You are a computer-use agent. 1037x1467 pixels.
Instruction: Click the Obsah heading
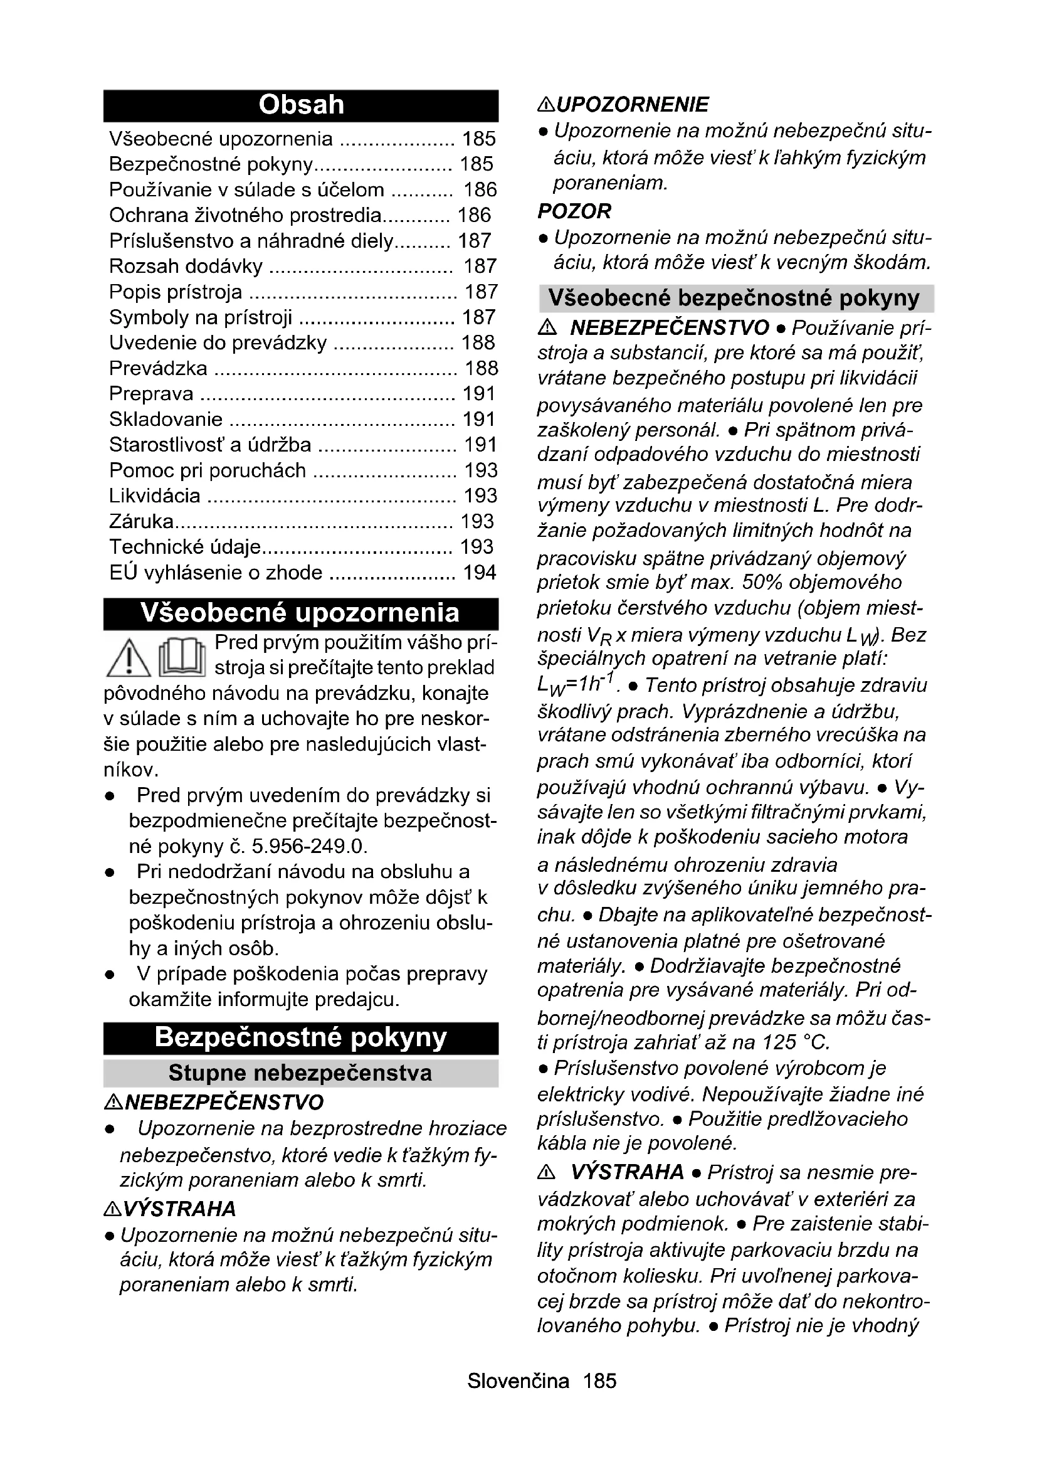tap(301, 105)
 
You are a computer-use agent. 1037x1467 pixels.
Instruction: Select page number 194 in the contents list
tap(480, 573)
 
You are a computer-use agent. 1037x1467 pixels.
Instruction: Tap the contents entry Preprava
tap(151, 394)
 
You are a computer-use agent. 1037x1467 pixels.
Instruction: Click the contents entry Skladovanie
tap(166, 419)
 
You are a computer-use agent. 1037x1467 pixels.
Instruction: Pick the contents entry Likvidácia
tap(154, 496)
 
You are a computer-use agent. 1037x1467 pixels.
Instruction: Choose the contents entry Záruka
tap(141, 521)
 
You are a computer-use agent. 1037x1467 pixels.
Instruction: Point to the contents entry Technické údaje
tap(185, 547)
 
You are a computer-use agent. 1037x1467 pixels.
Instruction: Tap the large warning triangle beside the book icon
tap(128, 658)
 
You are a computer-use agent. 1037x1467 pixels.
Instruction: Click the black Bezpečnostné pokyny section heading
tap(301, 1037)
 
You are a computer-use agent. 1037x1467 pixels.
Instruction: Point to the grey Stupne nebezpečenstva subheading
tap(301, 1073)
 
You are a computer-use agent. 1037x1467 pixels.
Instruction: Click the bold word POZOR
tap(574, 211)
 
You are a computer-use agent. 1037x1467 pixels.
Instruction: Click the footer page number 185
tap(599, 1380)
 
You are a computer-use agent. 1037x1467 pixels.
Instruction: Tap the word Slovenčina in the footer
tap(518, 1380)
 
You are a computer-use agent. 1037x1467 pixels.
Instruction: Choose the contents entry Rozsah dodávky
tap(186, 266)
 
